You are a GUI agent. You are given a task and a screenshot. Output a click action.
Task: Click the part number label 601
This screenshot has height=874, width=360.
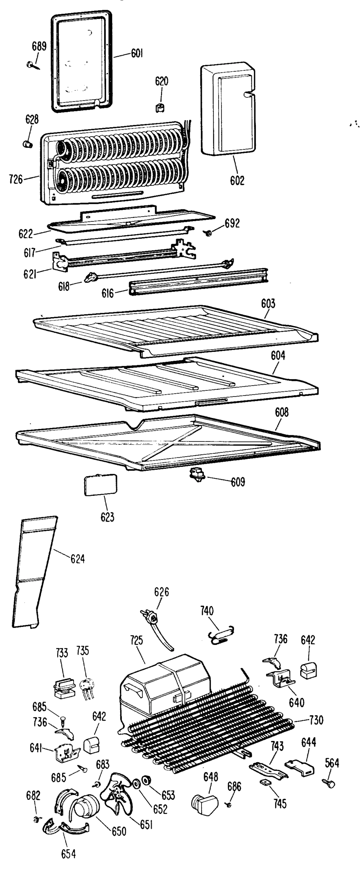click(x=137, y=54)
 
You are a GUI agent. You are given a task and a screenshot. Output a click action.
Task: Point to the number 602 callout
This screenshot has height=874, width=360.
click(x=237, y=180)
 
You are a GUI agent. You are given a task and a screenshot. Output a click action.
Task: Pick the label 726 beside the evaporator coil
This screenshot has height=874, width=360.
click(x=16, y=179)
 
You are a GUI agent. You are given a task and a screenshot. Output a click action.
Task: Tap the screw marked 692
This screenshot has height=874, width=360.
click(x=209, y=233)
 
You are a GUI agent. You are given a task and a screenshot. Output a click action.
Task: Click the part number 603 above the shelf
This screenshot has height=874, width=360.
click(x=268, y=303)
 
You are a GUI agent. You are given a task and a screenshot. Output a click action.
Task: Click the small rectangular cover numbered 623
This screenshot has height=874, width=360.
click(x=100, y=484)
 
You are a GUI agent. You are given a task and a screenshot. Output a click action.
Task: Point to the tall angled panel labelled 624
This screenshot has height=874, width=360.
click(x=35, y=572)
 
